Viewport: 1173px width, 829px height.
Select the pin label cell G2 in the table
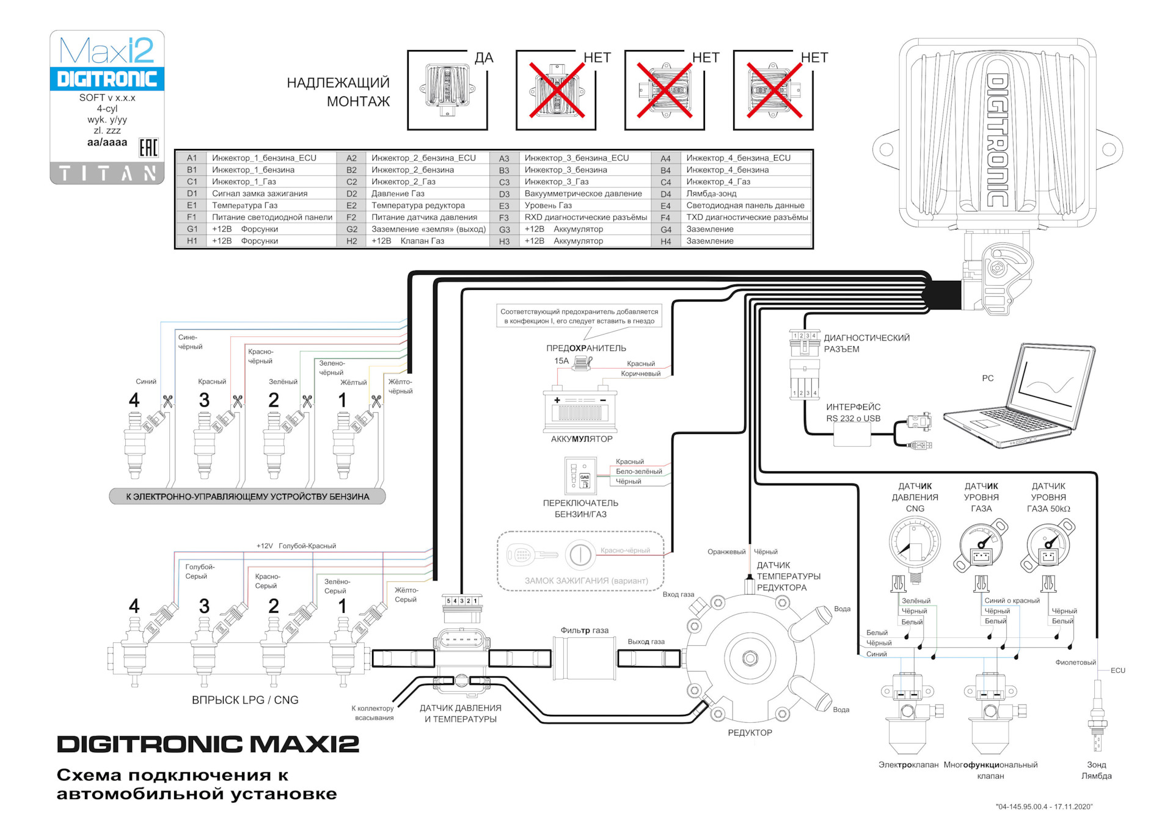pyautogui.click(x=352, y=230)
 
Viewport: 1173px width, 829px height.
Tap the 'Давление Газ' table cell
pyautogui.click(x=398, y=194)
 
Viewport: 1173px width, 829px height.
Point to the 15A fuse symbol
pyautogui.click(x=584, y=362)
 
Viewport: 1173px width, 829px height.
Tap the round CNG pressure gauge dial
pyautogui.click(x=915, y=543)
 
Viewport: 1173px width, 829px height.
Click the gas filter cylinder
pyautogui.click(x=583, y=658)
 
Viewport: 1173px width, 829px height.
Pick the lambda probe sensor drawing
pyautogui.click(x=1097, y=717)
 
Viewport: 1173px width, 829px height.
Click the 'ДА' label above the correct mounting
pyautogui.click(x=484, y=58)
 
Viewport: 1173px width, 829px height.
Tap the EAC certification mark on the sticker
pyautogui.click(x=148, y=148)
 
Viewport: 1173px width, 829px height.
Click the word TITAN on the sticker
pyautogui.click(x=108, y=174)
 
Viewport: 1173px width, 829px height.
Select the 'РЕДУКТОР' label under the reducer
pyautogui.click(x=750, y=733)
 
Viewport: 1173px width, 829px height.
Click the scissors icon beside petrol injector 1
pyautogui.click(x=376, y=401)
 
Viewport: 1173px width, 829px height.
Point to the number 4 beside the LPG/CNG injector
pyautogui.click(x=134, y=606)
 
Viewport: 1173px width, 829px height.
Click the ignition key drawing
pyautogui.click(x=532, y=555)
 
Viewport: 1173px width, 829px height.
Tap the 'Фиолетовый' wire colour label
pyautogui.click(x=1076, y=662)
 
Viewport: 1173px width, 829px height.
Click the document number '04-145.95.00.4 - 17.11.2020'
pyautogui.click(x=1044, y=807)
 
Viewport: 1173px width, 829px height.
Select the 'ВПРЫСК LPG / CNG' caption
pyautogui.click(x=245, y=700)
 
